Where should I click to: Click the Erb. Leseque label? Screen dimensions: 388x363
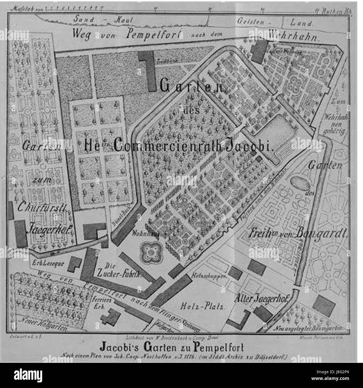pos(49,263)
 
